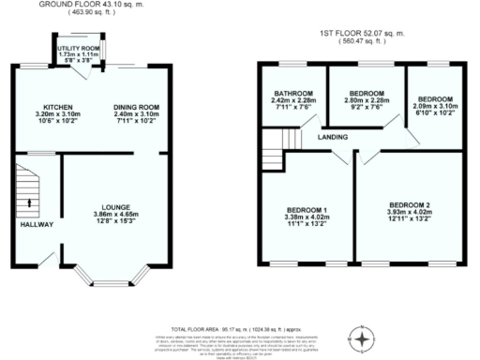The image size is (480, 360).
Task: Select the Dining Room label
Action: point(134,107)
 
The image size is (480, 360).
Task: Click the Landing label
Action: point(331,138)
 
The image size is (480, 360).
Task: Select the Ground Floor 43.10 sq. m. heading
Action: point(87,5)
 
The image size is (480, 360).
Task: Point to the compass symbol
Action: point(361,335)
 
